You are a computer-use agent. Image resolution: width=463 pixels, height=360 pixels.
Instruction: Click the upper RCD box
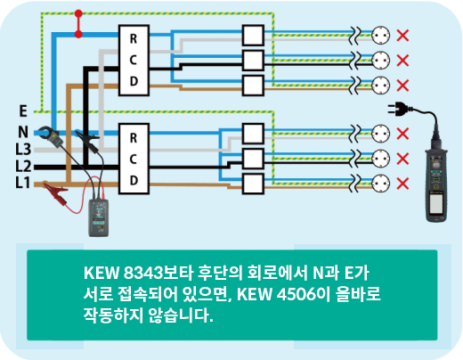pyautogui.click(x=134, y=61)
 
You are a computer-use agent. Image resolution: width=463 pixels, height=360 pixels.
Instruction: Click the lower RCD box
pyautogui.click(x=134, y=159)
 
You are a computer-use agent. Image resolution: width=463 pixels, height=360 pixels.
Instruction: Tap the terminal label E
pyautogui.click(x=23, y=111)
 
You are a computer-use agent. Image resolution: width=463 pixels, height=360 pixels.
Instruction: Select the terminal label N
pyautogui.click(x=23, y=132)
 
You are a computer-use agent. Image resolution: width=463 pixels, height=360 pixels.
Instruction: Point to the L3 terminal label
pyautogui.click(x=23, y=149)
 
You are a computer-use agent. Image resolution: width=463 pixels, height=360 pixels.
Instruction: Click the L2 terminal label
pyautogui.click(x=23, y=166)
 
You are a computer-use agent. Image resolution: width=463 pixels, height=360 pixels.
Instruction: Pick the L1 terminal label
pyautogui.click(x=23, y=183)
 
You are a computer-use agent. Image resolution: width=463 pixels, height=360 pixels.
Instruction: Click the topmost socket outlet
pyautogui.click(x=380, y=36)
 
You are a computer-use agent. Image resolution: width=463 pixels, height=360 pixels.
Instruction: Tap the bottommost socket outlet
pyautogui.click(x=380, y=184)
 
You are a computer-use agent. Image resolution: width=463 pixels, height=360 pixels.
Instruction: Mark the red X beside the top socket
pyautogui.click(x=402, y=36)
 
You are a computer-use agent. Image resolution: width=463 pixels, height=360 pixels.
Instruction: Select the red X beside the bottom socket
pyautogui.click(x=402, y=184)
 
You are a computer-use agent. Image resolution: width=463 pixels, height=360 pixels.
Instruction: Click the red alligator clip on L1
pyautogui.click(x=56, y=192)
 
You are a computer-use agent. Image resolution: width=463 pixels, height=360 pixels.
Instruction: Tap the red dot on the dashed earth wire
pyautogui.click(x=78, y=13)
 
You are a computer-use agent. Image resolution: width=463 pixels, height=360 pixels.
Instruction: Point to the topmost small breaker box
pyautogui.click(x=253, y=36)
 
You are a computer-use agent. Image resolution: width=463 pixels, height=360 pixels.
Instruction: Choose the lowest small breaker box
pyautogui.click(x=253, y=184)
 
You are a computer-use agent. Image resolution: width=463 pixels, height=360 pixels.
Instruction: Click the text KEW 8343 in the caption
pyautogui.click(x=124, y=273)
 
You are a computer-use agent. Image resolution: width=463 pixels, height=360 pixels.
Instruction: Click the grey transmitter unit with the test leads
pyautogui.click(x=99, y=217)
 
